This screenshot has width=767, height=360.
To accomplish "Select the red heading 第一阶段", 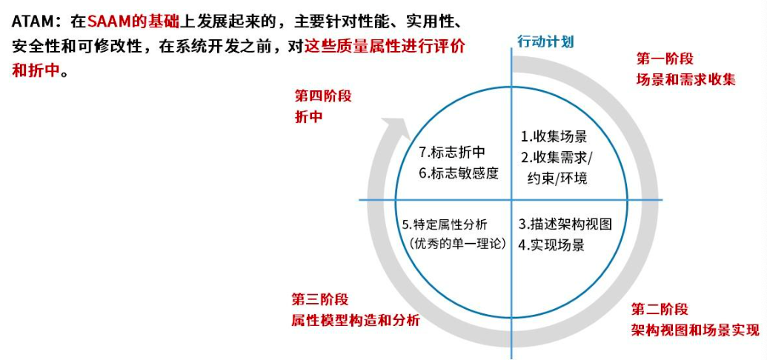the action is (x=665, y=59).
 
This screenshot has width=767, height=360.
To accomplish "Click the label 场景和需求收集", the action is (x=685, y=79).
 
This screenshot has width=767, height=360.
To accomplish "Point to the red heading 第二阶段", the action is (x=660, y=309).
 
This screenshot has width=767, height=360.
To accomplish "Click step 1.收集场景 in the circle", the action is (x=554, y=136).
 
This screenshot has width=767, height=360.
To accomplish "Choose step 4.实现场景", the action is (x=552, y=244).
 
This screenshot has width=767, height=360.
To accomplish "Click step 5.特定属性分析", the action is (x=445, y=224).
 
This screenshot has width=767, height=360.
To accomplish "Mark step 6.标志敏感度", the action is (x=458, y=173).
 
